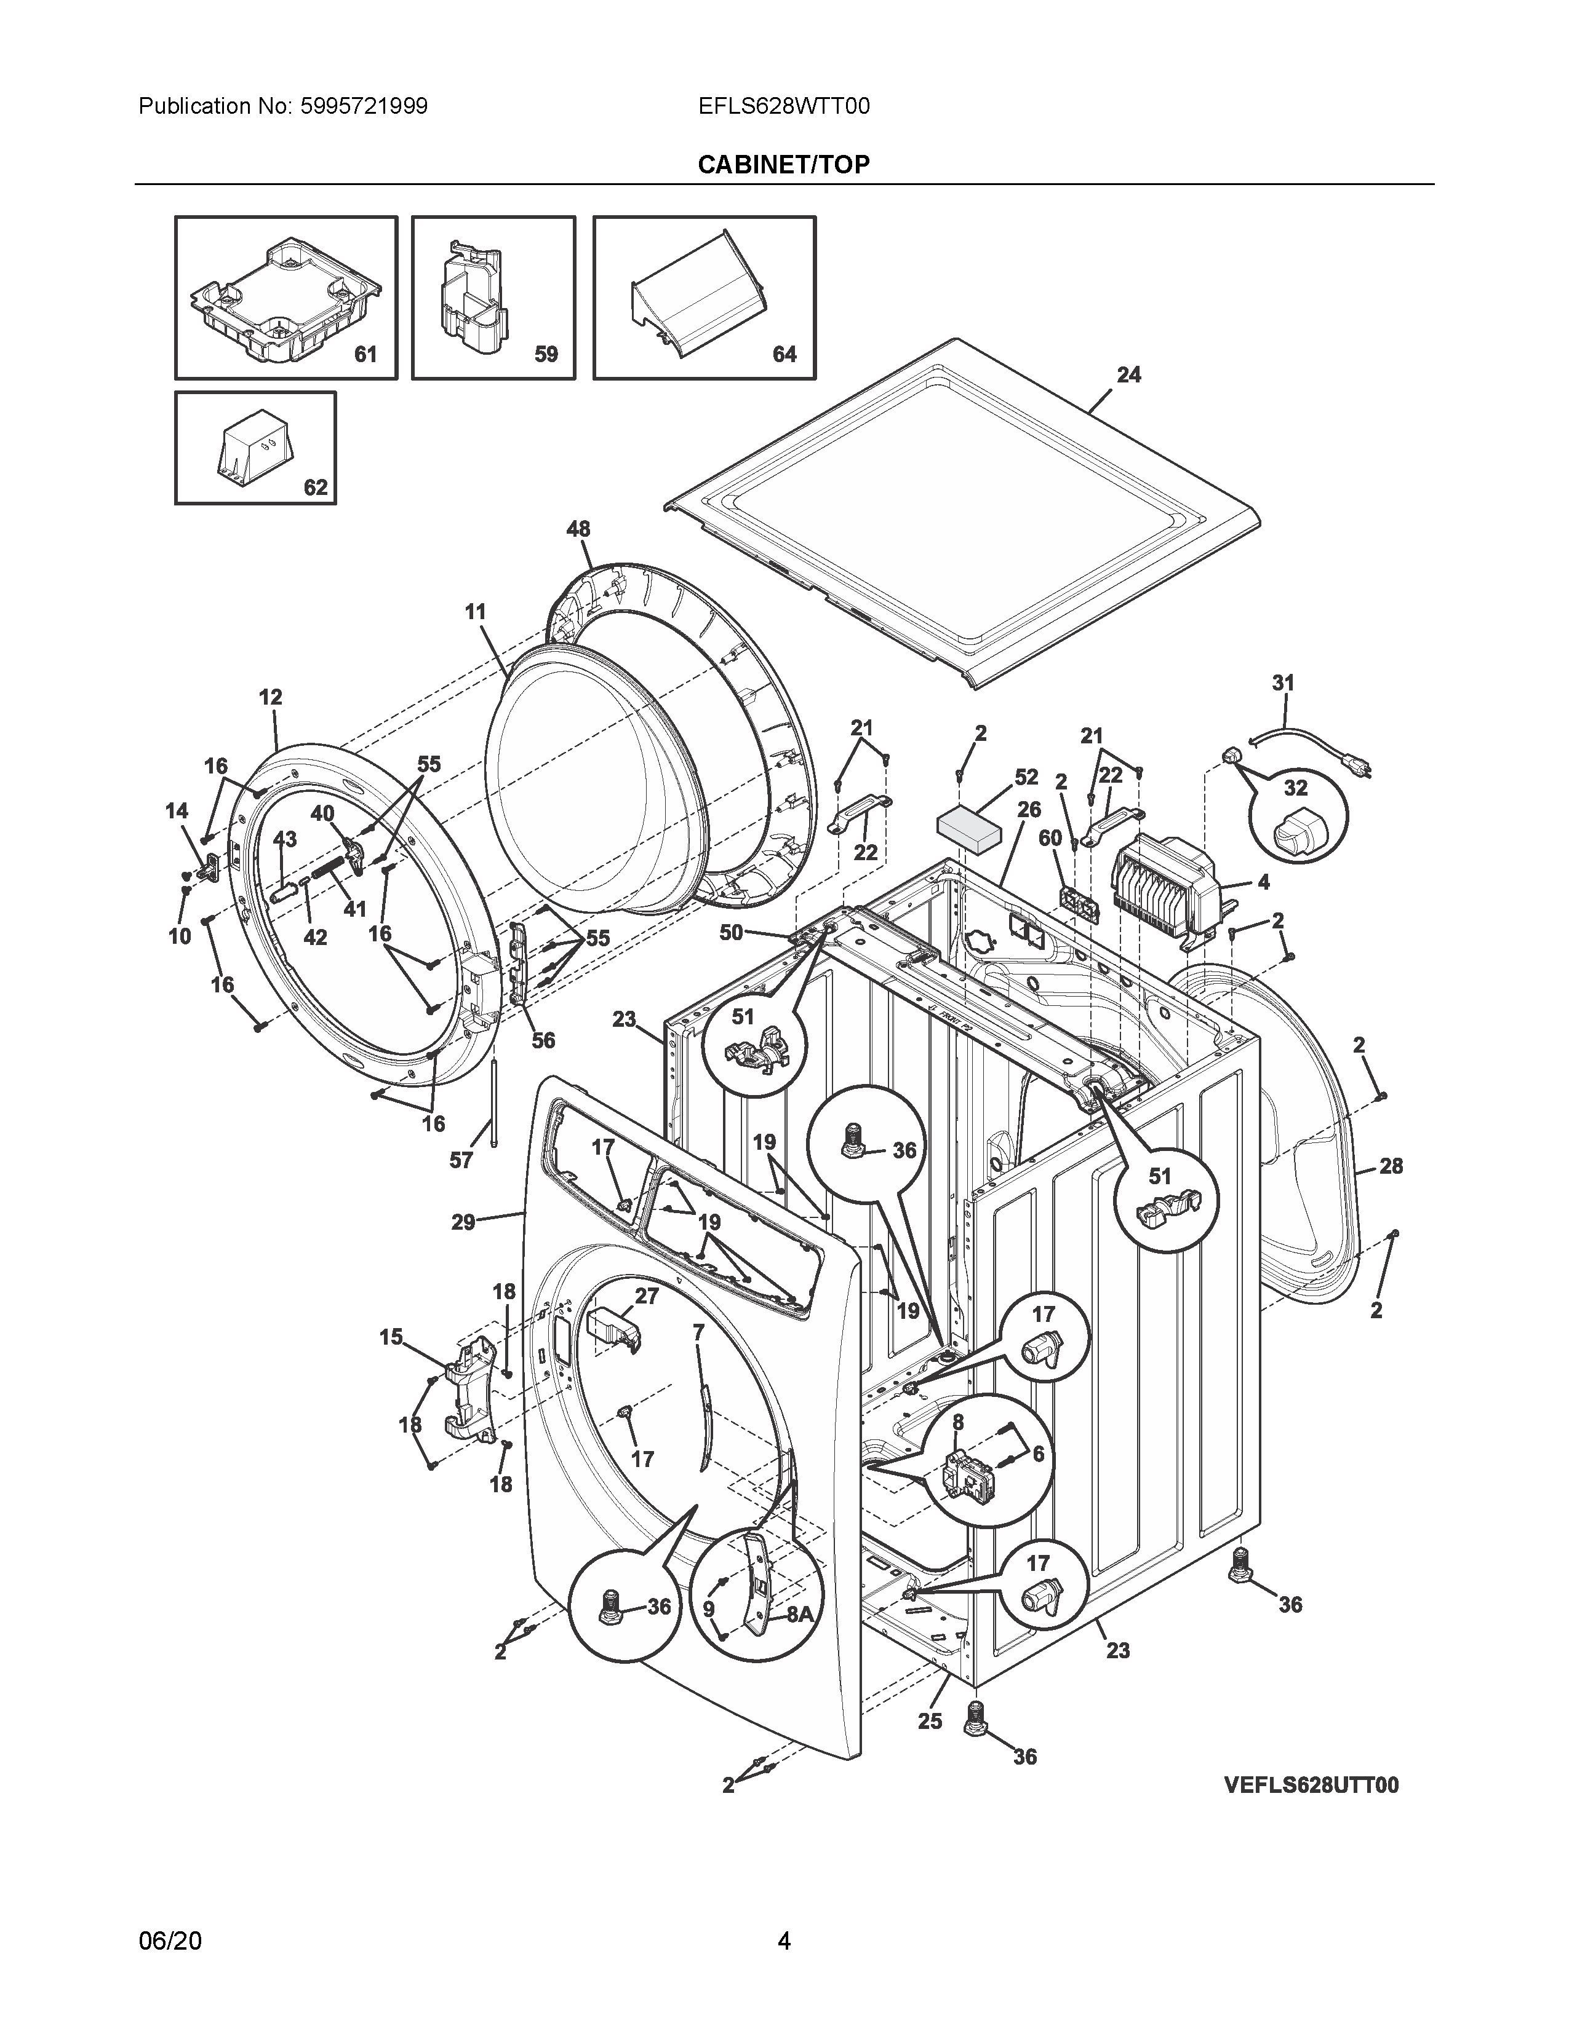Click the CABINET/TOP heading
pos(783,164)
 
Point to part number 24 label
pos(1128,374)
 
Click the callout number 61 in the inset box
pos(365,354)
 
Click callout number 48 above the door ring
pos(578,529)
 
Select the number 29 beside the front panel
pos(463,1222)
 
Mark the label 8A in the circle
pos(799,1615)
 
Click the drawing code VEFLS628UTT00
pos(1311,1785)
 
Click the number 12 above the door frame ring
pos(271,697)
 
